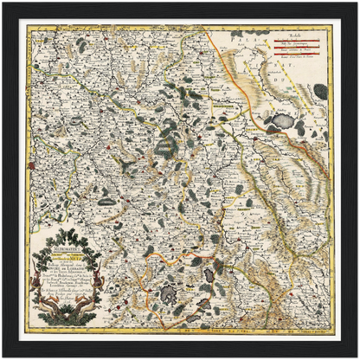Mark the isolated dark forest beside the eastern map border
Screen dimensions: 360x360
pyautogui.click(x=320, y=90)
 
